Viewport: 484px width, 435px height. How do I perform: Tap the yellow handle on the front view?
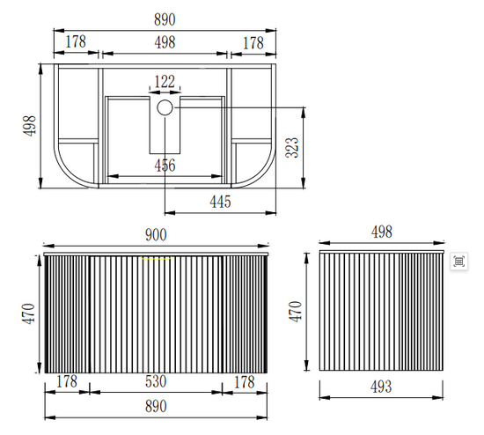tap(156, 257)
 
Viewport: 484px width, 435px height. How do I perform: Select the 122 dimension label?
tap(165, 82)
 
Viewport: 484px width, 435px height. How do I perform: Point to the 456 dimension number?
tap(165, 166)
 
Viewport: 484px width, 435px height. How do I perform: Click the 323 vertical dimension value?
tap(292, 148)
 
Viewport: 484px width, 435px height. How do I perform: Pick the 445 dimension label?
tap(220, 202)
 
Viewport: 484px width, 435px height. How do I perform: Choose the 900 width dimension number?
tap(156, 235)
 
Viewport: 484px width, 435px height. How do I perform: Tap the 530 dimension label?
tap(156, 381)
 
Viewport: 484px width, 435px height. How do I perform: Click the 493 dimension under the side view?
tap(381, 387)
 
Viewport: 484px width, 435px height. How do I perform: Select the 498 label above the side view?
tap(382, 232)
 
